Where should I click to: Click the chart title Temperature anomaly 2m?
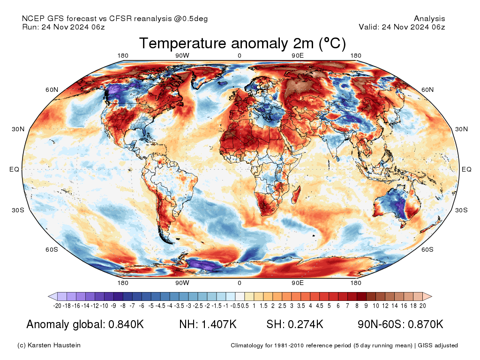pyautogui.click(x=242, y=44)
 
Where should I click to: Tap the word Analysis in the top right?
pyautogui.click(x=429, y=19)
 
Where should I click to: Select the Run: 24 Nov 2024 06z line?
pyautogui.click(x=63, y=27)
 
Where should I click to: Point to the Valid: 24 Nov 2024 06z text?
pyautogui.click(x=402, y=27)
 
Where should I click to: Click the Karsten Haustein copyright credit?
pyautogui.click(x=49, y=345)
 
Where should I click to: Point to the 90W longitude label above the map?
pyautogui.click(x=182, y=56)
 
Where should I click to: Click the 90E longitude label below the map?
pyautogui.click(x=298, y=283)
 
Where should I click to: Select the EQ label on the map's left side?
pyautogui.click(x=15, y=169)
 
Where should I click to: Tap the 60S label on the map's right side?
pyautogui.click(x=427, y=249)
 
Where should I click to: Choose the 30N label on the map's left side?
pyautogui.click(x=18, y=129)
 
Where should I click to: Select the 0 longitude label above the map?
pyautogui.click(x=240, y=56)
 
